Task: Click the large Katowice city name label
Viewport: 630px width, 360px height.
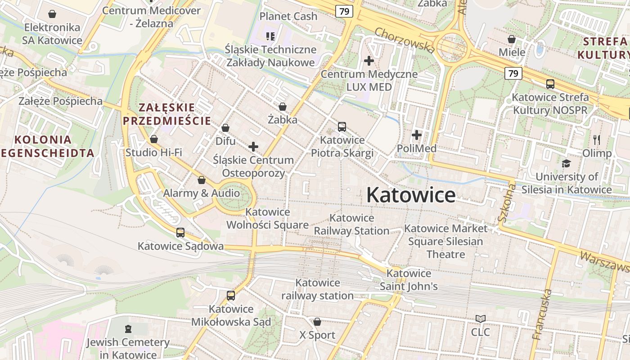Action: [410, 195]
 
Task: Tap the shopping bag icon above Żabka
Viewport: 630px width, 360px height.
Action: [283, 107]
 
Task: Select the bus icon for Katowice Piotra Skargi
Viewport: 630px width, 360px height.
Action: [342, 127]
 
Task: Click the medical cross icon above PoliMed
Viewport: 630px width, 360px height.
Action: [417, 135]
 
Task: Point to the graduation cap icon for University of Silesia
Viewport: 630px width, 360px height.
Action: [566, 163]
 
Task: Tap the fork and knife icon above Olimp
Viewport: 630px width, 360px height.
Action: [597, 139]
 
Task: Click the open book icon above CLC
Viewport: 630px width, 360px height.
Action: [480, 319]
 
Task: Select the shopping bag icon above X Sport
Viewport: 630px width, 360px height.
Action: [317, 322]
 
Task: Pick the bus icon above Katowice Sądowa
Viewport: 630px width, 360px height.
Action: [180, 233]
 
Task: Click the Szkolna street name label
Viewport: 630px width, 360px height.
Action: [506, 202]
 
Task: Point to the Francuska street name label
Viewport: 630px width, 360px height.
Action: [542, 314]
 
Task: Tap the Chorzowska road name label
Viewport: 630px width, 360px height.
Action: [404, 40]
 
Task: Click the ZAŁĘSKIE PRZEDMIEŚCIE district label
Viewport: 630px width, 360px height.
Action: [167, 114]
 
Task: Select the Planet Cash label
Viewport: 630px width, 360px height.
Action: [288, 16]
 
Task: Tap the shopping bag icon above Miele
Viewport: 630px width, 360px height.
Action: [512, 39]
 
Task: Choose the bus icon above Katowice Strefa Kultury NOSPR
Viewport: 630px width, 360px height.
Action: [550, 84]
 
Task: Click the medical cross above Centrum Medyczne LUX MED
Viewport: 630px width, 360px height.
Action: [369, 60]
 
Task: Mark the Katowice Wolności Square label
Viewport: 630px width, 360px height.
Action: [267, 218]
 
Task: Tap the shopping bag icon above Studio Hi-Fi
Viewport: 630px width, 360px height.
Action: [154, 139]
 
